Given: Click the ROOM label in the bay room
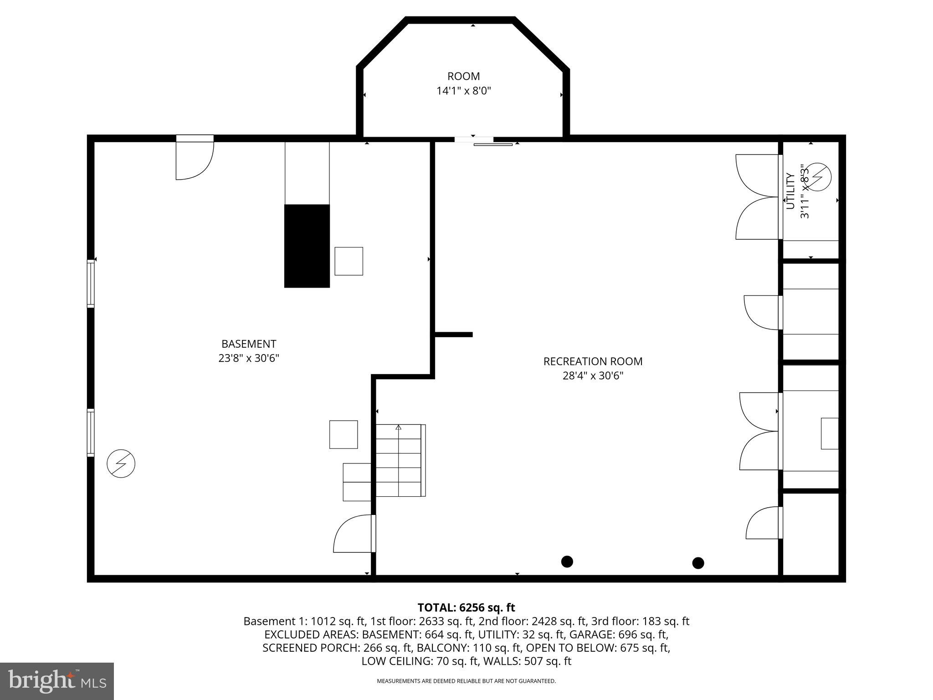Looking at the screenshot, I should pos(463,77).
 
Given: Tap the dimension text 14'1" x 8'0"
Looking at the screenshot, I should pos(463,91).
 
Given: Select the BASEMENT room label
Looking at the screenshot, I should pos(249,344).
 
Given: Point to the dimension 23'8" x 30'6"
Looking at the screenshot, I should pos(249,358).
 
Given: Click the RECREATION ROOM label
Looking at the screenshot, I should pos(593,361).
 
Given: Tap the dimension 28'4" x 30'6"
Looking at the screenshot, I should pos(593,376).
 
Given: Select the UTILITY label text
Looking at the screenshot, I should pos(790,191).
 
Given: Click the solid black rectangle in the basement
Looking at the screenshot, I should pos(307,246).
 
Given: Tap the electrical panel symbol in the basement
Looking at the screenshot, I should pos(121,463).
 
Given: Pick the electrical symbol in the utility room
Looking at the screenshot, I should pos(818,176).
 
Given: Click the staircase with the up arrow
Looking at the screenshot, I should pos(399,460).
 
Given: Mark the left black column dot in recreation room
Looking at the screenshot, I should pos(567,561).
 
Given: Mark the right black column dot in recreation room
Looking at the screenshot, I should pos(698,563).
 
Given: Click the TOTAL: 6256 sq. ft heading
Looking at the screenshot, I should pos(466,607).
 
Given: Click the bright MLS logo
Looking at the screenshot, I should pos(57,681).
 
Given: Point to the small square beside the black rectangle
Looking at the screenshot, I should pos(349,261).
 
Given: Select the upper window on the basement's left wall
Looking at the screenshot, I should pos(91,283).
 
